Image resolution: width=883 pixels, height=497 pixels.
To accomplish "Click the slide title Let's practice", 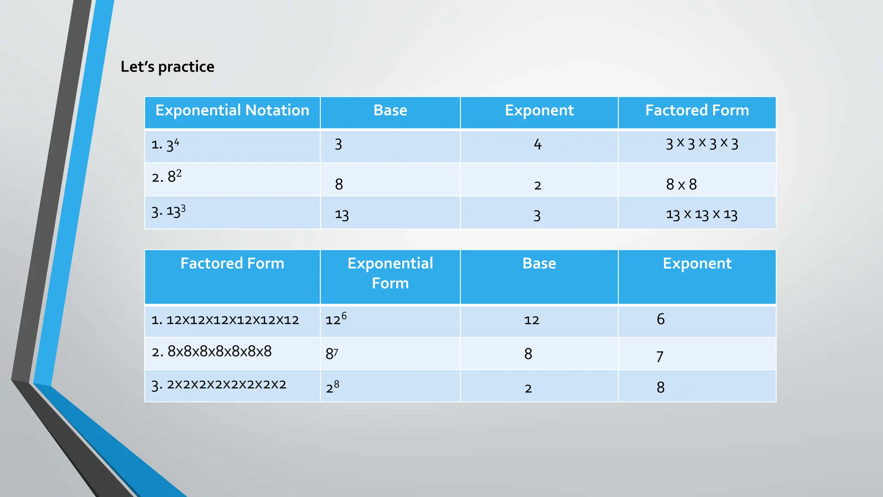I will [x=167, y=67].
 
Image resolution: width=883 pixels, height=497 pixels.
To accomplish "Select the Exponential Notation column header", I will [x=232, y=110].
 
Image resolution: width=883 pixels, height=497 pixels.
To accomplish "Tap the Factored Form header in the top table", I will [x=697, y=110].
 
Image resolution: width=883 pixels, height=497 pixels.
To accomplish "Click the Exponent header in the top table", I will [x=539, y=110].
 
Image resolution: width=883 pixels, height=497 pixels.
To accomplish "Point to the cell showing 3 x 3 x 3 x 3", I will [x=701, y=144].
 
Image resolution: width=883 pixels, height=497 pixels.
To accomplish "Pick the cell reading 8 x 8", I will [x=681, y=185].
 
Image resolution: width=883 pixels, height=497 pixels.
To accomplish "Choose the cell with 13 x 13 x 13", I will [x=701, y=214].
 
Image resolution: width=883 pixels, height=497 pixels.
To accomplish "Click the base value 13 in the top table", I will [x=341, y=215].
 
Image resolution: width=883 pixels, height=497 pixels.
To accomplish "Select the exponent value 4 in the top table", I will [x=537, y=144].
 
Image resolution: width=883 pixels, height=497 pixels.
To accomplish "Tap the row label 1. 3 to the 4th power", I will [x=165, y=145].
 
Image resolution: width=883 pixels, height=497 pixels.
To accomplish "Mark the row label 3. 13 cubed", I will [x=168, y=211].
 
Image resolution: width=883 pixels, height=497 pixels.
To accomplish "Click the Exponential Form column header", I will [x=390, y=273].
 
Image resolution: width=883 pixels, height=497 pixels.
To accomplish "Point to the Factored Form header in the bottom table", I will [x=232, y=264].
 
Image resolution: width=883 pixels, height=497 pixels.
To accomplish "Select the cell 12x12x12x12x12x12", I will [x=225, y=320].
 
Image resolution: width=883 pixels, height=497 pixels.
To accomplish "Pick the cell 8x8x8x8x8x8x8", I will [x=212, y=352].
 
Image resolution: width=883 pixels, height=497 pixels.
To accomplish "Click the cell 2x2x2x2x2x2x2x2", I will [x=219, y=384].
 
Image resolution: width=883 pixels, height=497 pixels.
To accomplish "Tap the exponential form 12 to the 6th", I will [x=336, y=319].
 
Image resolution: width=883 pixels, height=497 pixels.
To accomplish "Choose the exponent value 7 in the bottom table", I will [x=660, y=357].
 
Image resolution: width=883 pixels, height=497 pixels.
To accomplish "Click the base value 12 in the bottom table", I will [x=532, y=320].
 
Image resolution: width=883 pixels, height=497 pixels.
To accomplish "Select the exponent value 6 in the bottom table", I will [x=661, y=319].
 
